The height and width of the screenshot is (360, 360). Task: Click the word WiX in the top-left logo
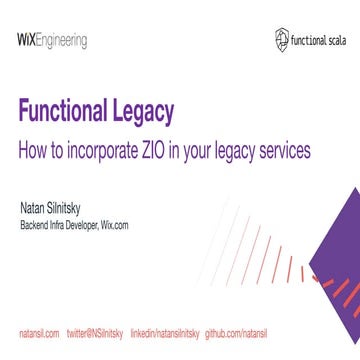[x=27, y=40]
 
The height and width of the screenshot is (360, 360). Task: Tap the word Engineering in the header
[x=62, y=41]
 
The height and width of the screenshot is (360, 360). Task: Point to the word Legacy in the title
[x=152, y=112]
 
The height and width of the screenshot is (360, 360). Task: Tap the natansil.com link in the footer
[x=40, y=328]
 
